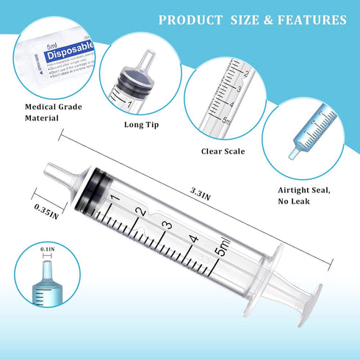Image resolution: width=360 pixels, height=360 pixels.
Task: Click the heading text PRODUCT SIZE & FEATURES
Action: point(252,20)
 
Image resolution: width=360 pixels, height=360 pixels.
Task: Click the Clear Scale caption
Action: point(223,151)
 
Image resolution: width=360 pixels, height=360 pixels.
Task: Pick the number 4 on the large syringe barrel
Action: point(194,239)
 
